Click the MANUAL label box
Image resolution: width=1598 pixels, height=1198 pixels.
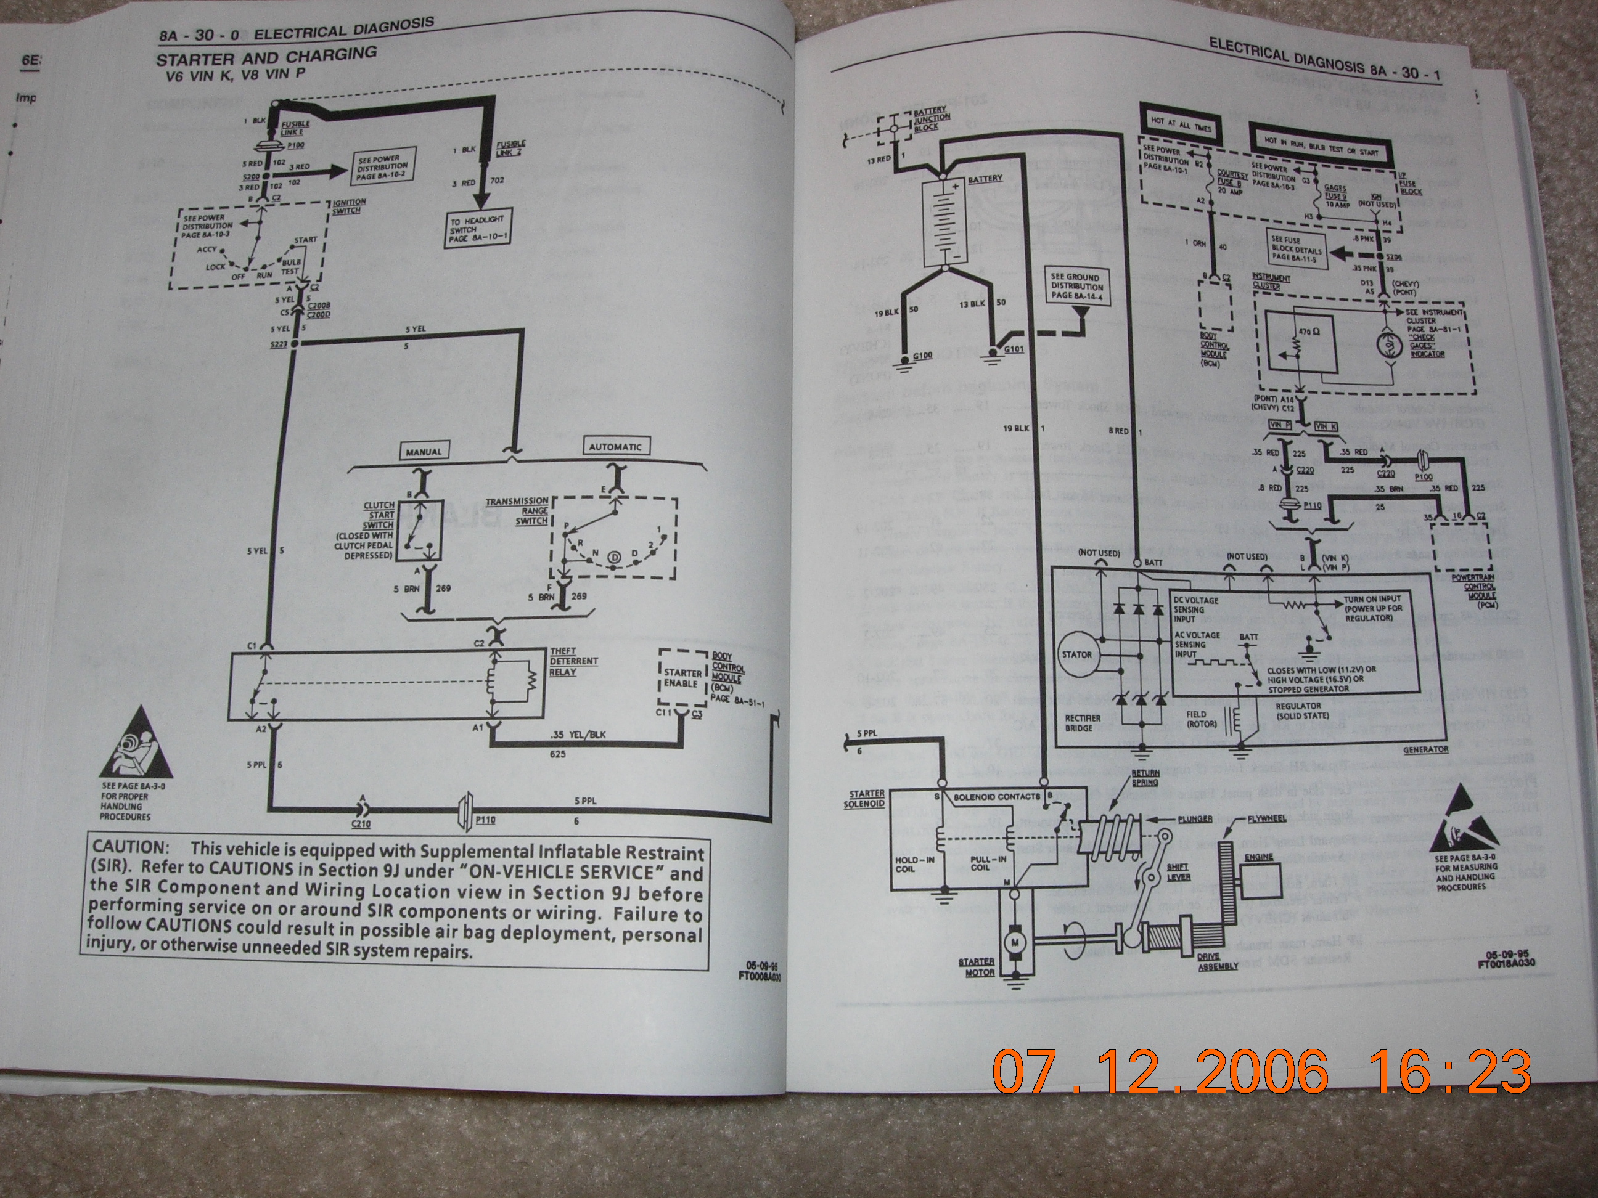click(x=424, y=451)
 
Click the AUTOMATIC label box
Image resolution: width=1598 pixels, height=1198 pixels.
click(x=614, y=446)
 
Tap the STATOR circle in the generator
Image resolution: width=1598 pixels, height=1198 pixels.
click(x=1076, y=654)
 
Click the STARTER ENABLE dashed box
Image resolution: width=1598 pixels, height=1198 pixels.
click(x=681, y=678)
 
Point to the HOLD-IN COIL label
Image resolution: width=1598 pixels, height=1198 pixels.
click(x=907, y=863)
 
